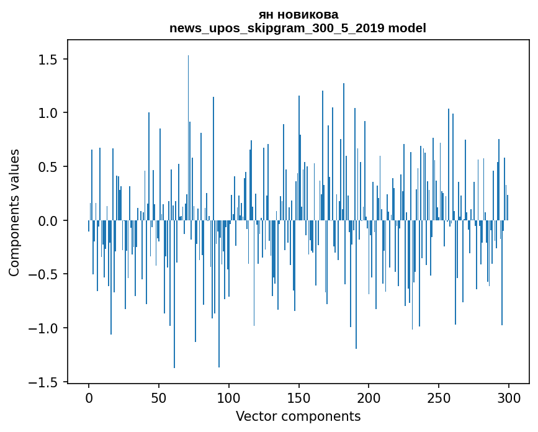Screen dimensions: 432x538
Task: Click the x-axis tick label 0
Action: click(x=89, y=398)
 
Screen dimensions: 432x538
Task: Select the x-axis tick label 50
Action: click(x=159, y=398)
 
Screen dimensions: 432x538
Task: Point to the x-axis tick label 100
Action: click(x=229, y=398)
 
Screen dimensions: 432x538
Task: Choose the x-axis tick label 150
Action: click(x=299, y=398)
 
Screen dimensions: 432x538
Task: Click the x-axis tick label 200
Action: click(x=369, y=398)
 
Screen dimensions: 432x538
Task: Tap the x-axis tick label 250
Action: click(x=439, y=398)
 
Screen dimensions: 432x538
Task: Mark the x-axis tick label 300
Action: click(x=509, y=398)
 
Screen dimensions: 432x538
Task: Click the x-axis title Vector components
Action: click(x=298, y=416)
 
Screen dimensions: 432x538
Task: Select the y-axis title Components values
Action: click(x=14, y=212)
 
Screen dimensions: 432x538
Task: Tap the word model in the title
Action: click(x=406, y=28)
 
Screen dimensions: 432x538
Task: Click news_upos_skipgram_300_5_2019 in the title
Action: click(x=277, y=28)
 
